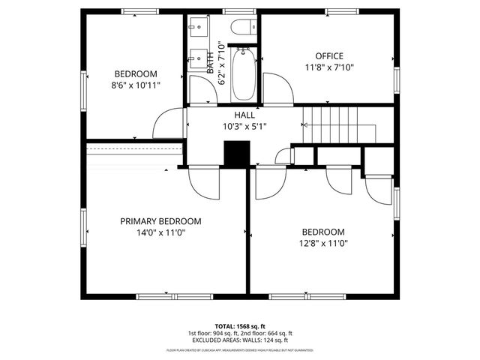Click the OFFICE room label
[328, 56]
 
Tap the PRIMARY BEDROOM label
[161, 221]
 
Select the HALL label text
[244, 115]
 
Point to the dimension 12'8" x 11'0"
[323, 244]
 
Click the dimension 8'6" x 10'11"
[136, 85]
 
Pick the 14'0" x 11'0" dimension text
[161, 233]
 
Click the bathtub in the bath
[245, 75]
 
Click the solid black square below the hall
[236, 153]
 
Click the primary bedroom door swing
[202, 180]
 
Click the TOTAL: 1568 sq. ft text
[239, 325]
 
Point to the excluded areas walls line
[239, 340]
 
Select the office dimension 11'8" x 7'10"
[328, 67]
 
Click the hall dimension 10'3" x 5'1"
[244, 126]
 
